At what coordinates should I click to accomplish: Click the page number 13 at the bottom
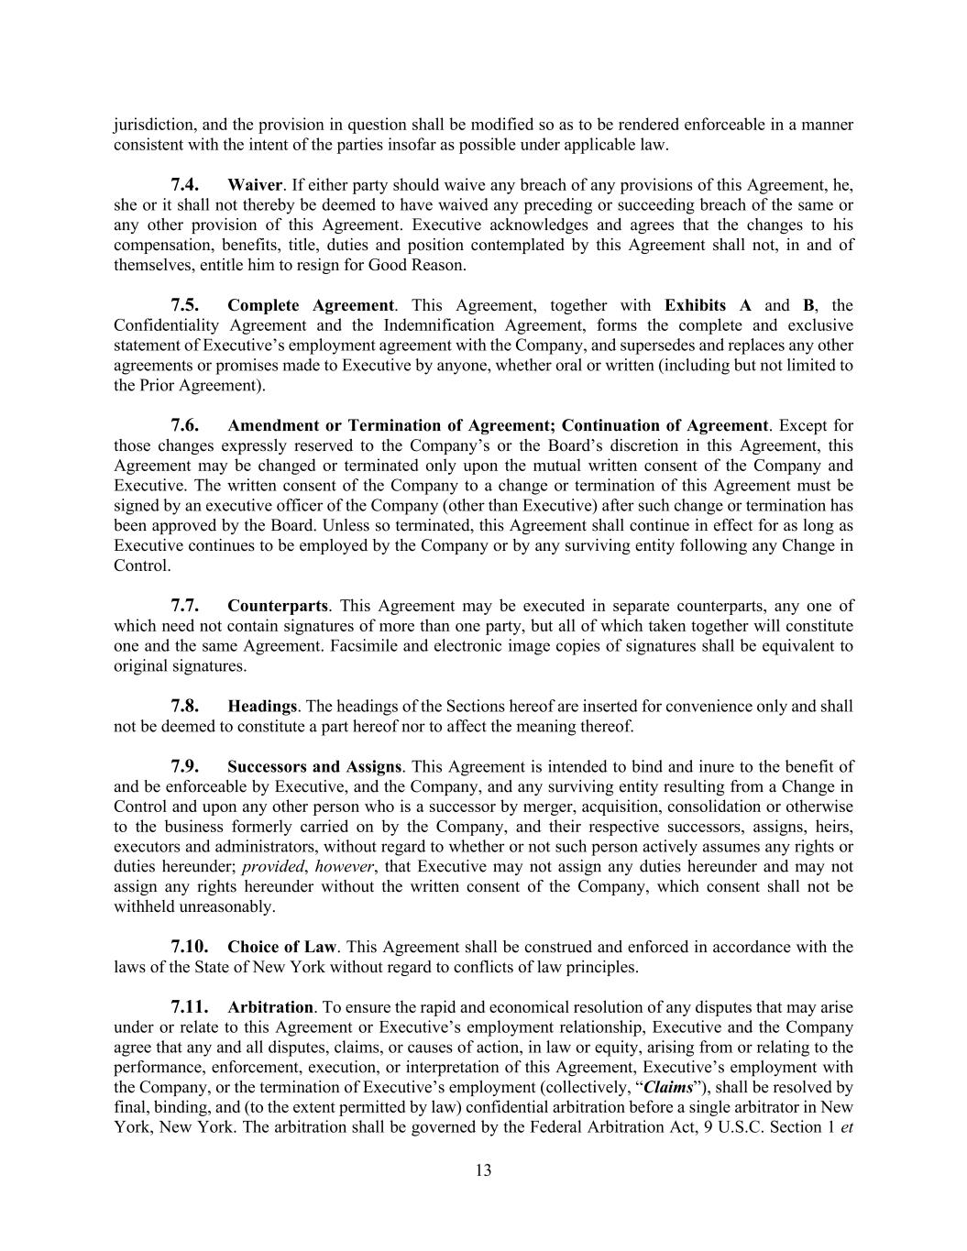[x=483, y=1170]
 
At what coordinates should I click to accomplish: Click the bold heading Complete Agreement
[x=311, y=305]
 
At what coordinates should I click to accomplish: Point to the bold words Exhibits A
[x=708, y=305]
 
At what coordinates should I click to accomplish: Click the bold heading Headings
[x=262, y=707]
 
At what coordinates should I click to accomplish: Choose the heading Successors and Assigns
[x=314, y=766]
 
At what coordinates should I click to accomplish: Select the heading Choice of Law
[x=282, y=947]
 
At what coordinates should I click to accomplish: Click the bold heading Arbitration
[x=270, y=1007]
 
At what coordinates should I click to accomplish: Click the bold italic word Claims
[x=667, y=1088]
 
